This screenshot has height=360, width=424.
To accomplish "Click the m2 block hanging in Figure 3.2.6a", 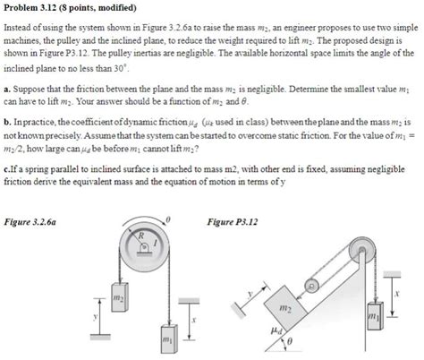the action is click(x=116, y=296).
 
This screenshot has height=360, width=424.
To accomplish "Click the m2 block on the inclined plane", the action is click(x=285, y=308).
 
